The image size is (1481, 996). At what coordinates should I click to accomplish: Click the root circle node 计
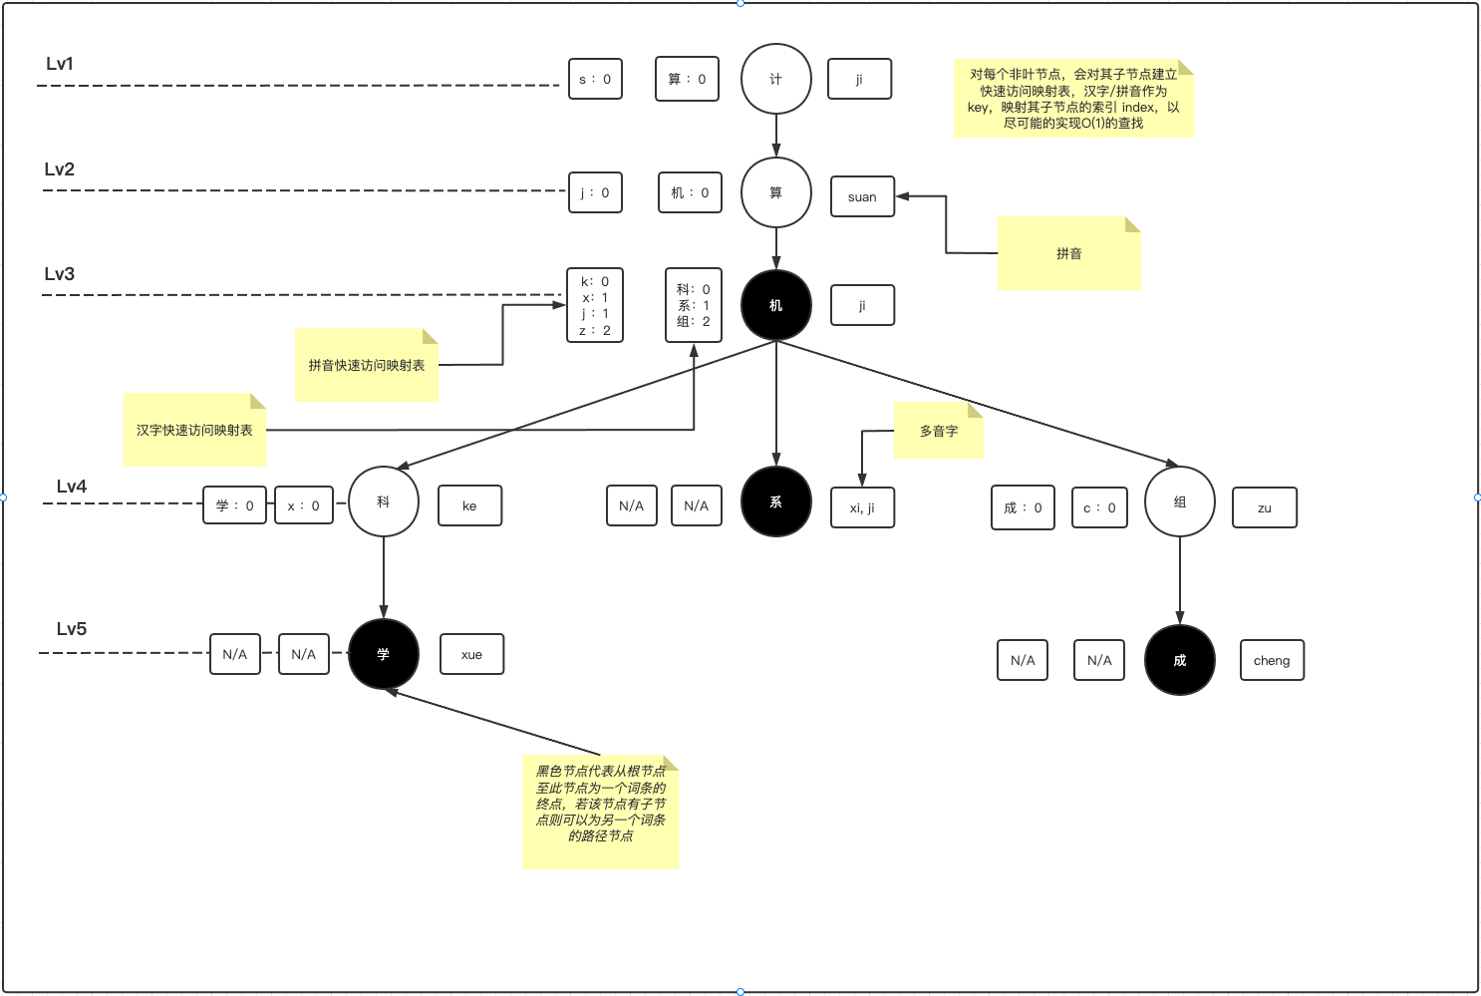(776, 79)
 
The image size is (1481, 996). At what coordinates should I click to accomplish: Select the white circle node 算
(776, 192)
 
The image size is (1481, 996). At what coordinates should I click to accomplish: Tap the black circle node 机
(776, 305)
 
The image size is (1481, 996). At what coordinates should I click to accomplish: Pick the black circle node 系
(776, 501)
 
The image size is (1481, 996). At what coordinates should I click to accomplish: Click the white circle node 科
(384, 501)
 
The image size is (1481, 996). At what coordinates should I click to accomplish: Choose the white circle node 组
(1180, 501)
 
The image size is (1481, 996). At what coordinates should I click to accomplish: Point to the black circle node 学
(384, 654)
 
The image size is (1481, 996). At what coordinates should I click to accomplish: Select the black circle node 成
(1180, 660)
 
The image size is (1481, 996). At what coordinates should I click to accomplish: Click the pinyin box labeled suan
(863, 197)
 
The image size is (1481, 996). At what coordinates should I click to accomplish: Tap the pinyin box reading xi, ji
(863, 507)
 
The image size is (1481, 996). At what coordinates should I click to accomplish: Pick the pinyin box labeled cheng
(1272, 660)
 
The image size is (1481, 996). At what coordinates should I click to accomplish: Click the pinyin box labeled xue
(471, 654)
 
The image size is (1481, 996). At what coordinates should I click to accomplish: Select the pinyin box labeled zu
(1265, 507)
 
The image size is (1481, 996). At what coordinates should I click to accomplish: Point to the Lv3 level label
(60, 274)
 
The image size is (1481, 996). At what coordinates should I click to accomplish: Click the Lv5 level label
(72, 629)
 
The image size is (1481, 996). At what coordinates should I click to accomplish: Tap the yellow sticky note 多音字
(939, 431)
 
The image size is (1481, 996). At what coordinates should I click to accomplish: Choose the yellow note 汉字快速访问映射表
(194, 430)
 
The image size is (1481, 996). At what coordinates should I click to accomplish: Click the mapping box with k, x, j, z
(595, 305)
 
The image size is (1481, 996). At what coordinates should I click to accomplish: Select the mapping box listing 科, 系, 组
(694, 305)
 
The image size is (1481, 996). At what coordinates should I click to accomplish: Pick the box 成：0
(1023, 507)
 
